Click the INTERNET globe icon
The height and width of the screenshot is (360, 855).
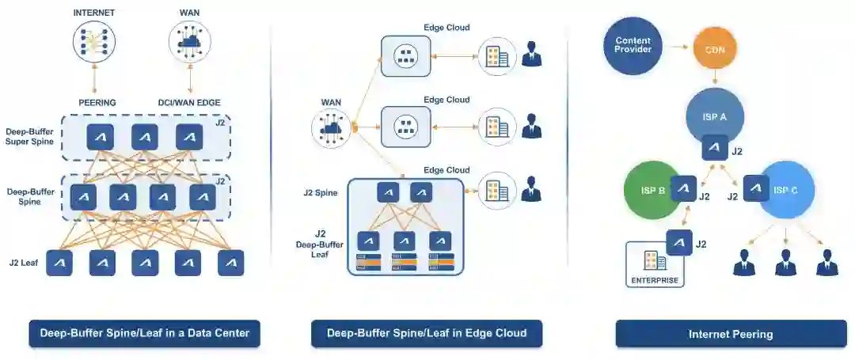[94, 41]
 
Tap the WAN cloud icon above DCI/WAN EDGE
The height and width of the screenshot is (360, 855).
[190, 41]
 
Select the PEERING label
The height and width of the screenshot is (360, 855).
[97, 102]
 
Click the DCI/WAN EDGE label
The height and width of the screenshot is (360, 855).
[189, 102]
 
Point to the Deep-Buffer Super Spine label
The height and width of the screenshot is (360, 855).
[31, 136]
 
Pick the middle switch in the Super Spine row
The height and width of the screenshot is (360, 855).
[145, 137]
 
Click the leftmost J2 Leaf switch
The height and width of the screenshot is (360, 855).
[60, 263]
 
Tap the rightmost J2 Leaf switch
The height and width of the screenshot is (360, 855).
[230, 263]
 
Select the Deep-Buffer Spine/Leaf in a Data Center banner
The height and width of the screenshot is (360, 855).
[145, 333]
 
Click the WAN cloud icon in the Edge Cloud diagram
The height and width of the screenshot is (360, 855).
[332, 127]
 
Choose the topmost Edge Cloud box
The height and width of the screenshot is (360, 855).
[405, 55]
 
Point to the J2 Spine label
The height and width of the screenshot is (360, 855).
[320, 192]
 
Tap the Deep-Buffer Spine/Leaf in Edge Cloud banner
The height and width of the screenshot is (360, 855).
[427, 333]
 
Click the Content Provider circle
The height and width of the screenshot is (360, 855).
[633, 44]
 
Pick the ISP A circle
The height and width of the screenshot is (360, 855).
[714, 116]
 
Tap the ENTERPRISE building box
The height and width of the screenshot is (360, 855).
[655, 264]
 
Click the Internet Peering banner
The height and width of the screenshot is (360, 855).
[731, 334]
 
